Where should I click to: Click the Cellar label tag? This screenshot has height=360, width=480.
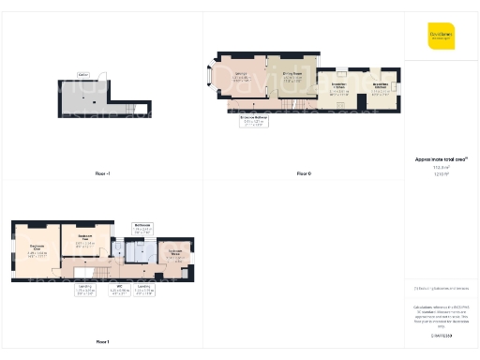pos(83,74)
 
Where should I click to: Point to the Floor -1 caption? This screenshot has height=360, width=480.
pos(102,174)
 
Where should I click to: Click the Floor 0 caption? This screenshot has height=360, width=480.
pos(303,174)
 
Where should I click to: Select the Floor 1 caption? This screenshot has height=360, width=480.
pos(102,341)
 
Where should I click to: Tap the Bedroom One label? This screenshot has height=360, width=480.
pos(37,251)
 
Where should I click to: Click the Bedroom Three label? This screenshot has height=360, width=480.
pos(175,253)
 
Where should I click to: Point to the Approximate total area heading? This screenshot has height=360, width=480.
pos(442,159)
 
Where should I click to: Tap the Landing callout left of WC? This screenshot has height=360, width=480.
pos(84,292)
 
